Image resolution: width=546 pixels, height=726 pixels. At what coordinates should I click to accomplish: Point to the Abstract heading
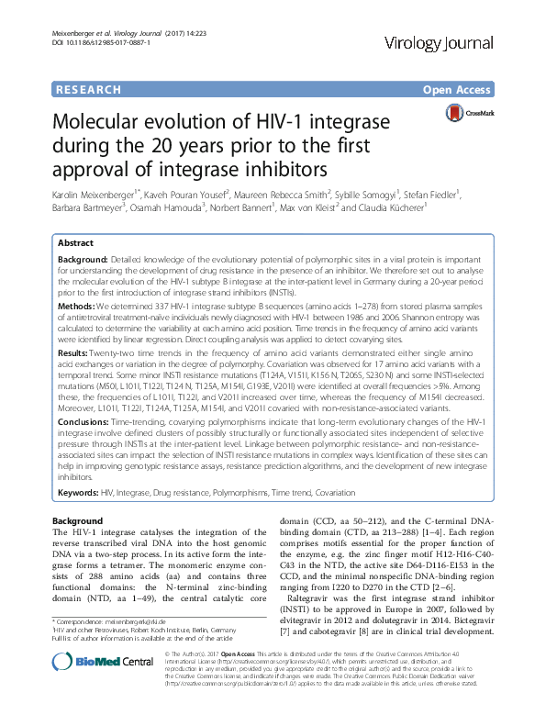(75, 243)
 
